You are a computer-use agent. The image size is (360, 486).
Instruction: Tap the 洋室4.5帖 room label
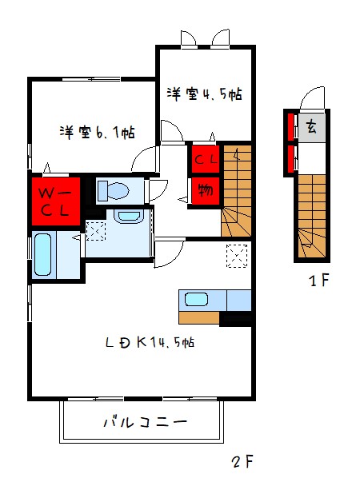204,94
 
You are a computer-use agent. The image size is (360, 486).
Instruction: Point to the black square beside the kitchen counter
235,319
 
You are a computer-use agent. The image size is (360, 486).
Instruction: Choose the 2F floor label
242,462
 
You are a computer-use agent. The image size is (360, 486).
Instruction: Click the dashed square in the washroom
96,231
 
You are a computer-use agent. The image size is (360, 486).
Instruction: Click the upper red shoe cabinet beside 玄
291,126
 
